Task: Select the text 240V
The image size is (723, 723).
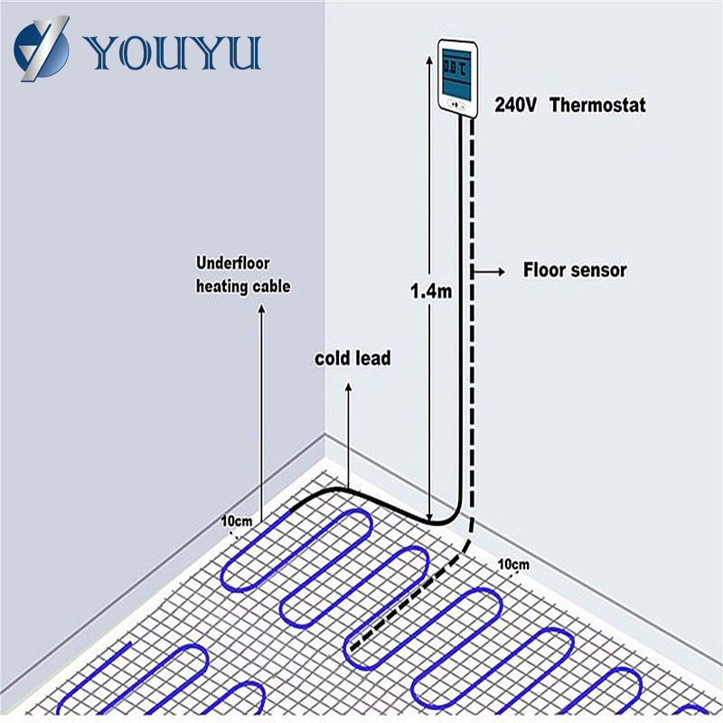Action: pyautogui.click(x=515, y=105)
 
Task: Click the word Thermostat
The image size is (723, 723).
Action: pyautogui.click(x=597, y=105)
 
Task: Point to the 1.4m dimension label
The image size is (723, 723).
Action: pyautogui.click(x=430, y=292)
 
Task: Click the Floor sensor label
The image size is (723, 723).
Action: pyautogui.click(x=575, y=269)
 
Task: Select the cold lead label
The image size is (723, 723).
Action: pyautogui.click(x=352, y=359)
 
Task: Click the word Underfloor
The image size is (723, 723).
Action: pyautogui.click(x=233, y=264)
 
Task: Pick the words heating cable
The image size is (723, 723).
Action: pyautogui.click(x=243, y=286)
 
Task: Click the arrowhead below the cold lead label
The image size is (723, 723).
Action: pyautogui.click(x=349, y=386)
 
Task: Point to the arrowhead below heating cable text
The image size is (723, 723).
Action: pyautogui.click(x=262, y=312)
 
